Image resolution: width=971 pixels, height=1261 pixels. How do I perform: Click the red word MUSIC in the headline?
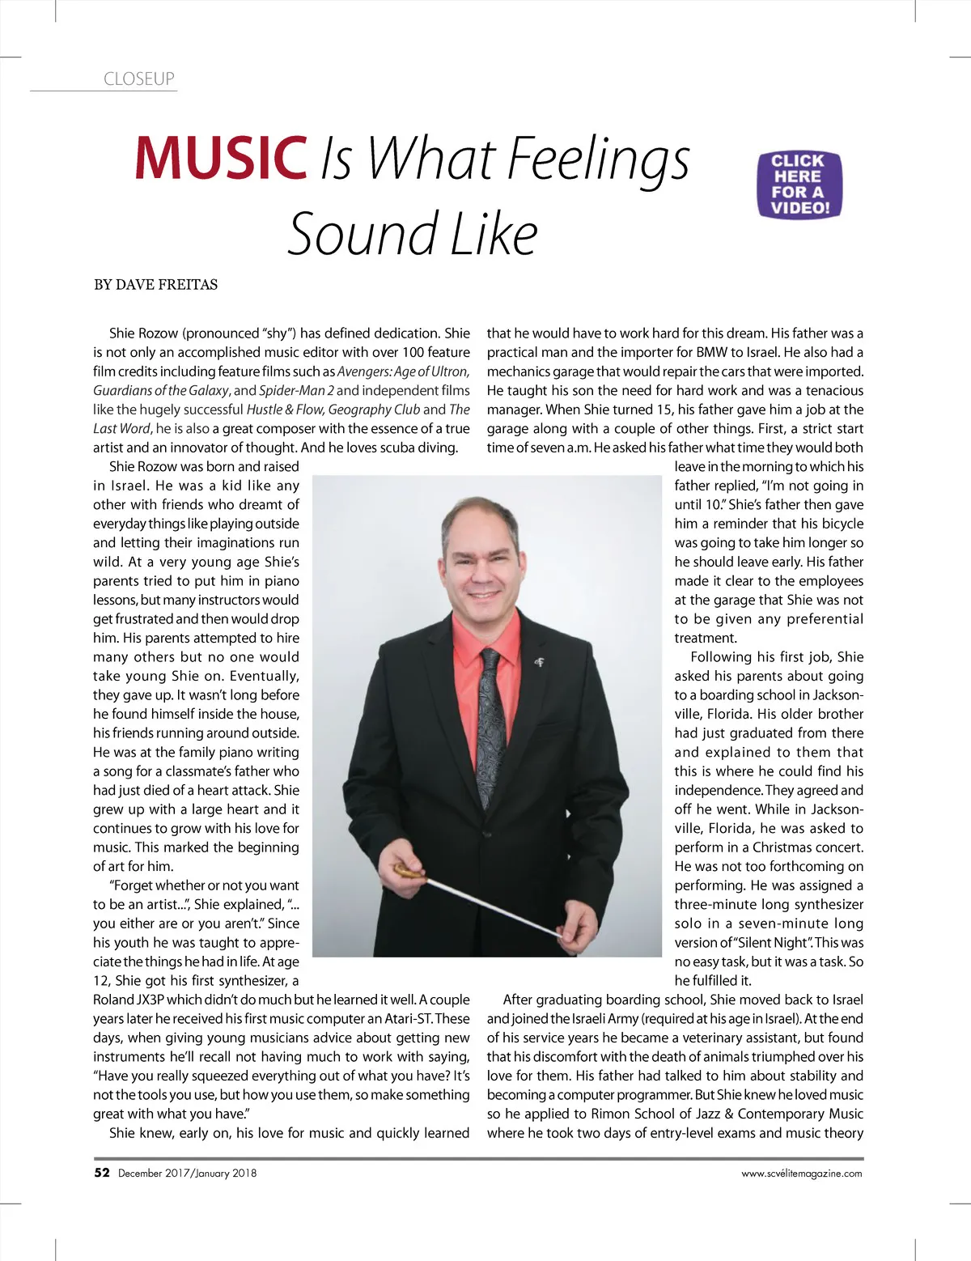[x=221, y=157]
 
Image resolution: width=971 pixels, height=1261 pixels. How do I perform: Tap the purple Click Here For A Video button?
[x=799, y=185]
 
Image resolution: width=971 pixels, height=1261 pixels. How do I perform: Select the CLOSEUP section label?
[x=138, y=79]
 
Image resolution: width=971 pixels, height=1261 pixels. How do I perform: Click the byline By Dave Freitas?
[x=155, y=285]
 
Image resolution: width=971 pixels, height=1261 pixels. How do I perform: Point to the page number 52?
[x=102, y=1173]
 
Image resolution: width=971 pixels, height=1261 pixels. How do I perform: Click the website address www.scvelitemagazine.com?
[x=801, y=1174]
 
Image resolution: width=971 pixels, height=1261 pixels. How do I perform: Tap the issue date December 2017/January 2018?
[x=187, y=1174]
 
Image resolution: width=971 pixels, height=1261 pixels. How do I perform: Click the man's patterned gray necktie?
[x=491, y=704]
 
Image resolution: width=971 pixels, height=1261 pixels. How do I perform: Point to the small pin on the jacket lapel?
[x=540, y=662]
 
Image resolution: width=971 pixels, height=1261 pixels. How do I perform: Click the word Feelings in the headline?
[x=598, y=159]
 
